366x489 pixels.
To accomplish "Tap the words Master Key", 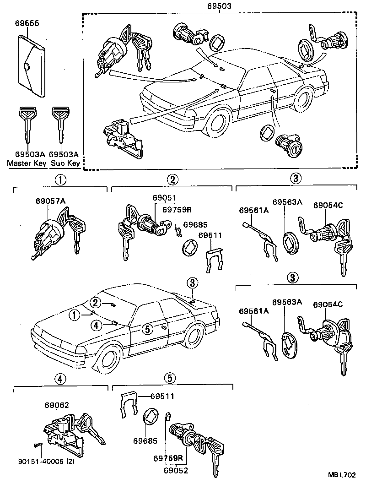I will coord(25,163).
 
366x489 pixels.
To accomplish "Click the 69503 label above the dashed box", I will coord(219,6).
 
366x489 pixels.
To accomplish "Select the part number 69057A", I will coord(49,201).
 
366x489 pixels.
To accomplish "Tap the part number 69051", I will coord(164,197).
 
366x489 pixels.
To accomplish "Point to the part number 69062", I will coord(57,405).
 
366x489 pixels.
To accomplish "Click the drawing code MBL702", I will coord(341,475).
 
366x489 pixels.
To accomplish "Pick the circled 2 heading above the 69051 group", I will coord(172,179).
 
